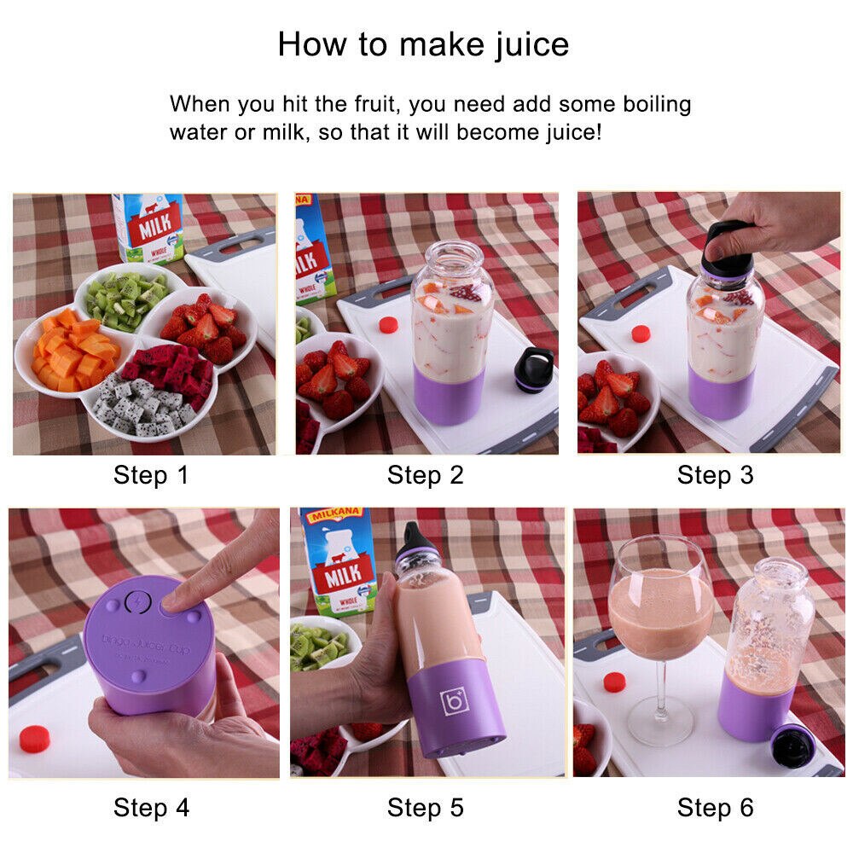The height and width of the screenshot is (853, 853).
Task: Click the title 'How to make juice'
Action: [x=423, y=44]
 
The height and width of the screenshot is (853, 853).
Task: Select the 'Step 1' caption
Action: [x=151, y=475]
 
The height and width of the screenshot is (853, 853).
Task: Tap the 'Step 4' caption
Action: [x=151, y=806]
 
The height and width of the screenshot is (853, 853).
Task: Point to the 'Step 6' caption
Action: [x=715, y=806]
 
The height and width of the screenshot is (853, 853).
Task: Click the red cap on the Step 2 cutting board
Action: [x=388, y=325]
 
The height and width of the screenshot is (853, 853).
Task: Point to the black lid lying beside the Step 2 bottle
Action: [x=534, y=369]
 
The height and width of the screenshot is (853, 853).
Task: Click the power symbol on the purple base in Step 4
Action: [x=136, y=603]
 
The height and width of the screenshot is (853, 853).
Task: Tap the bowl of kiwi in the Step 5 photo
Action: [x=316, y=648]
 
